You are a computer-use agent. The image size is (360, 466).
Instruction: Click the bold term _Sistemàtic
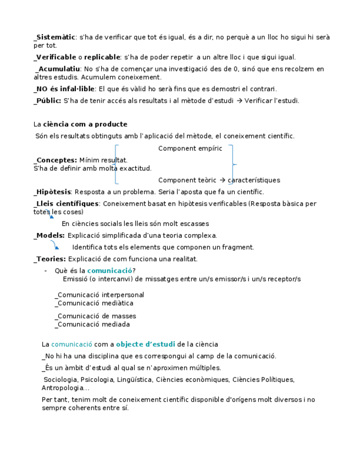[54, 37]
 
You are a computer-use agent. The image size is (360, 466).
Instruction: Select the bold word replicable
[102, 57]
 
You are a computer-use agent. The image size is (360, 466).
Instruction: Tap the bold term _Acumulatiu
[58, 69]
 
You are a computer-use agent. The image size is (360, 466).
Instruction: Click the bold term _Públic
[47, 101]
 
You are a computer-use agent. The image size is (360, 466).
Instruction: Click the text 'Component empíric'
[190, 148]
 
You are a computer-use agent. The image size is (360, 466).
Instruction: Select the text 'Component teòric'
[187, 180]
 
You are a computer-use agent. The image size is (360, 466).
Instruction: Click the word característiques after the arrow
[254, 180]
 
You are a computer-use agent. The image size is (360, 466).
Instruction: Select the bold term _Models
[49, 236]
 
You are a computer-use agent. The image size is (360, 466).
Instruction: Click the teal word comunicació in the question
[109, 270]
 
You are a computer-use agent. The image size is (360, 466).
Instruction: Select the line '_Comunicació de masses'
[96, 316]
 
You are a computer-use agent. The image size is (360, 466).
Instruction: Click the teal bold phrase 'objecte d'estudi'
[145, 345]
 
